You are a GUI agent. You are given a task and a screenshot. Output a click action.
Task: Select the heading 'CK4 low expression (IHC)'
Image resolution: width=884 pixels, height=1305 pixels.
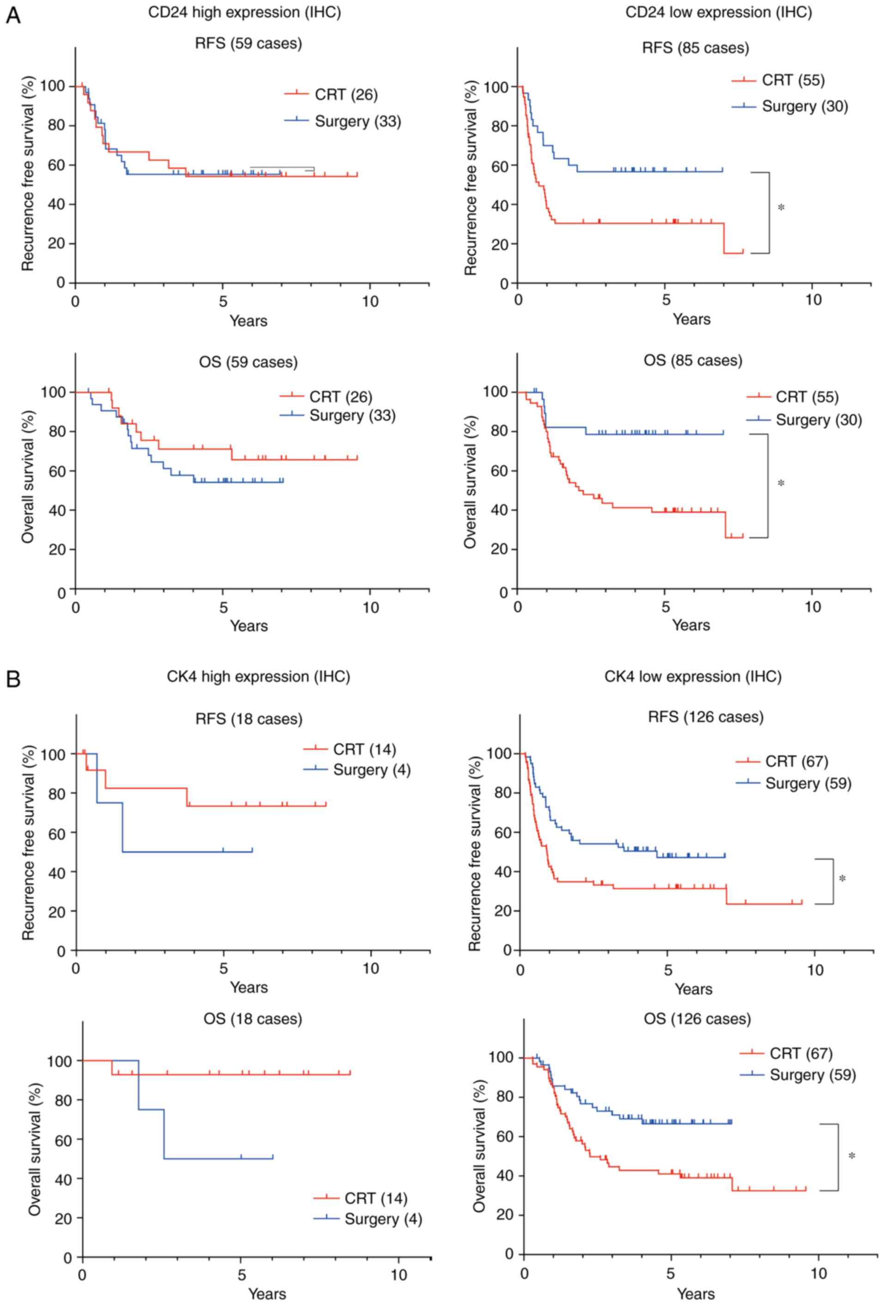(x=693, y=677)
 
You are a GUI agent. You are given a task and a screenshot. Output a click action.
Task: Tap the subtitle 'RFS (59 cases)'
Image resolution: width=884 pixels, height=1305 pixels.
(x=248, y=43)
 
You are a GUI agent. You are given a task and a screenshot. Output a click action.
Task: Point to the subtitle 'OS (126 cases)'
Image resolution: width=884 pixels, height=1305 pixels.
(x=697, y=1019)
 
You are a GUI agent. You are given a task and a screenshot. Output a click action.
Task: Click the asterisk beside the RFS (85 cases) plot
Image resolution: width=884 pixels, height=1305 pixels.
(x=781, y=208)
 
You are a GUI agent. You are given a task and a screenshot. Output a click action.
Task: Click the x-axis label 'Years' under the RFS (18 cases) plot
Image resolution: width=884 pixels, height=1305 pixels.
(x=249, y=988)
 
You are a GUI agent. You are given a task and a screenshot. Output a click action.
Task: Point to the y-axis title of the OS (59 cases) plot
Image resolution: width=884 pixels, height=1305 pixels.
(x=28, y=477)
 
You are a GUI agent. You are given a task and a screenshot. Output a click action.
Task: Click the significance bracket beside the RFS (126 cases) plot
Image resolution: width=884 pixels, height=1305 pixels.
(x=832, y=881)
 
